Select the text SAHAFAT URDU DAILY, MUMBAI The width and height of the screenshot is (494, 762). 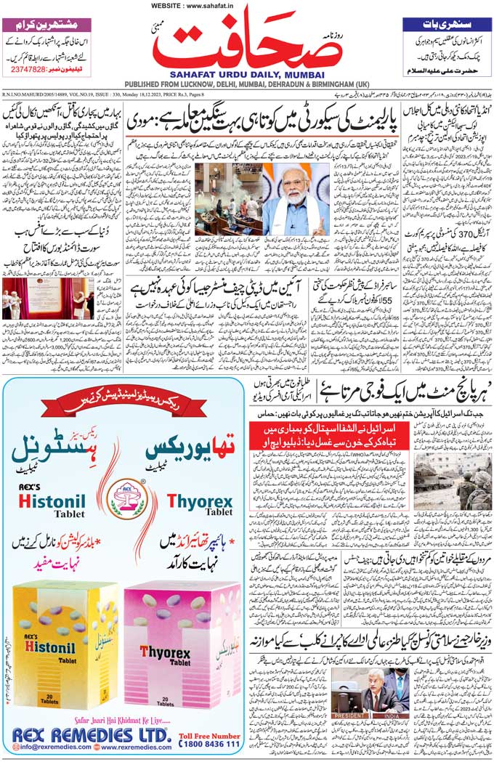[x=246, y=73]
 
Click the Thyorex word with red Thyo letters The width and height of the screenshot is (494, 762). [x=199, y=501]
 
